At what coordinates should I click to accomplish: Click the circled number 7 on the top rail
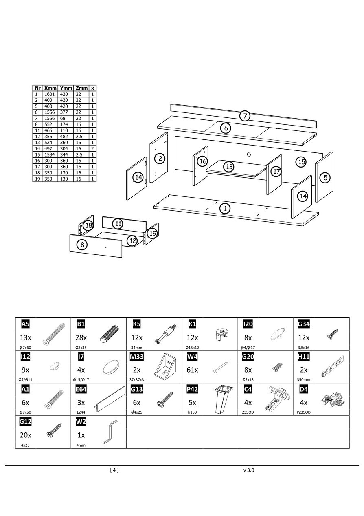pos(244,116)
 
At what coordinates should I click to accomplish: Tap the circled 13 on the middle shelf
pos(229,166)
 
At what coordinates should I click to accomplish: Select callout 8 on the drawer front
pos(82,245)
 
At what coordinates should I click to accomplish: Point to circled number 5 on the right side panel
pos(325,177)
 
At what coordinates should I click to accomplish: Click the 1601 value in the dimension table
pos(50,94)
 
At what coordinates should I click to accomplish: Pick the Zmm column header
pos(81,88)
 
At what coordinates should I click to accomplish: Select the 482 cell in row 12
pos(65,136)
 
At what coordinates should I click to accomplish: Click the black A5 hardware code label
pos(25,324)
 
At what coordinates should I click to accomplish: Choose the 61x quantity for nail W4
pos(192,370)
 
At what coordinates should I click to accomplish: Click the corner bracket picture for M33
pos(166,365)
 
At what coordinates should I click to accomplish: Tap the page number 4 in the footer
pos(114,470)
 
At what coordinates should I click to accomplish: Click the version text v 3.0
pos(249,470)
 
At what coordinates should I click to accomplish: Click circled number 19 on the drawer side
pos(152,233)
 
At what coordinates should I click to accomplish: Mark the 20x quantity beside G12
pos(25,435)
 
